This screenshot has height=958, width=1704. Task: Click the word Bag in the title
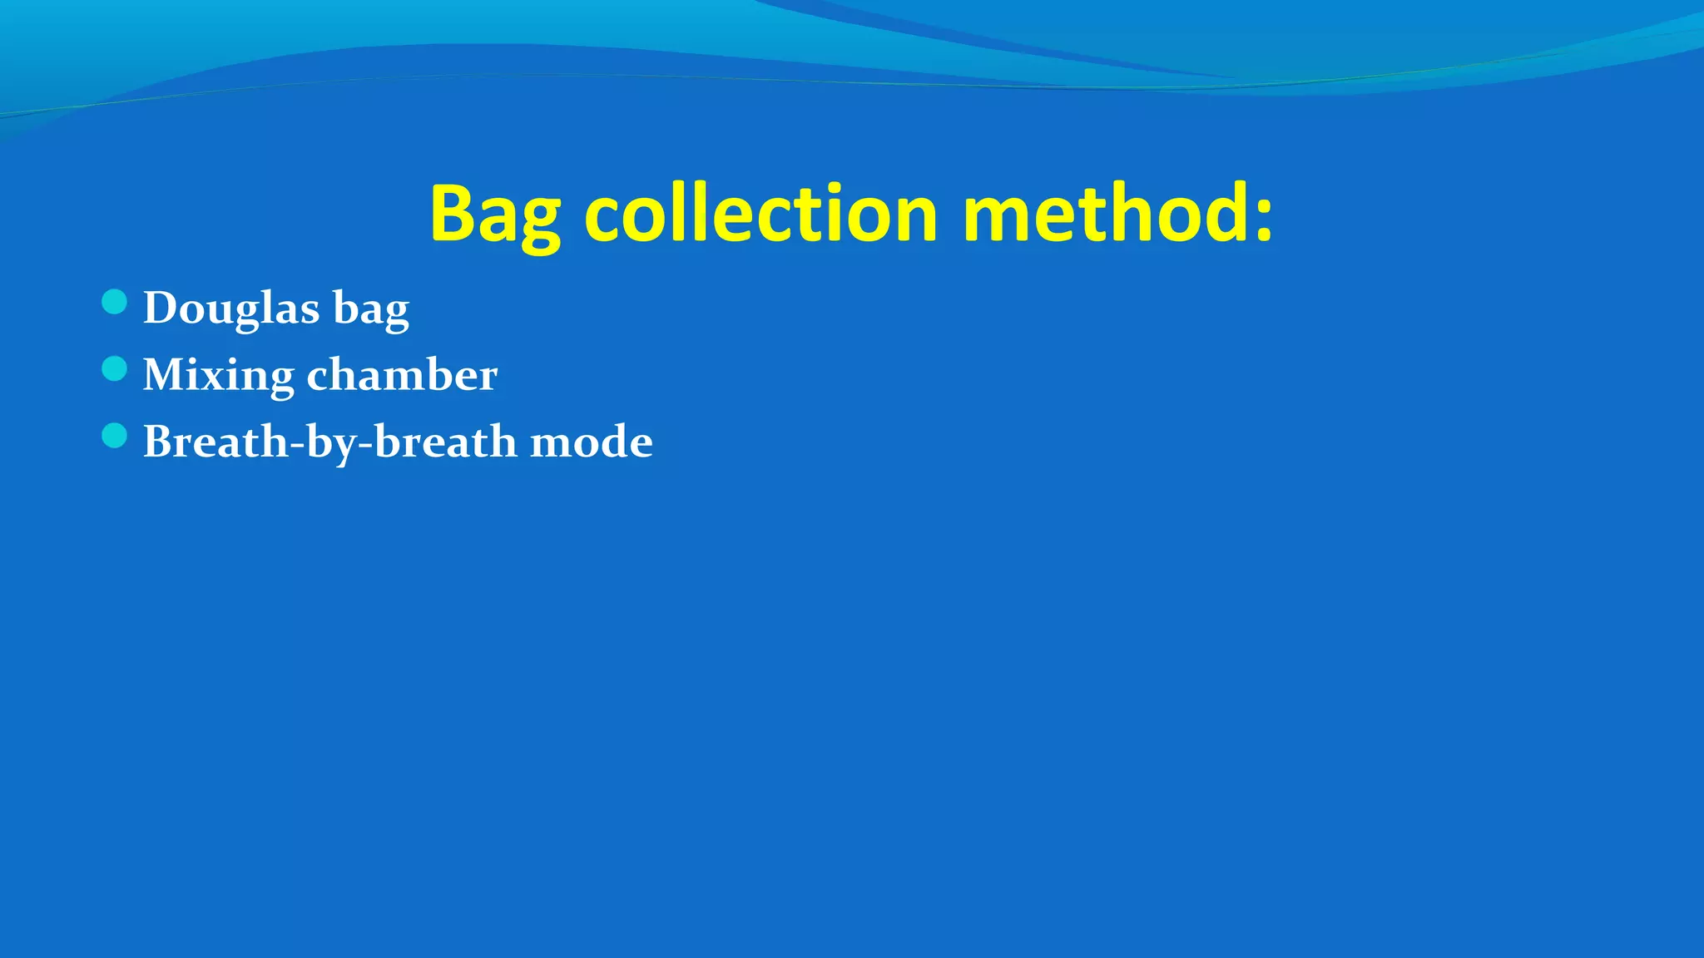click(x=494, y=215)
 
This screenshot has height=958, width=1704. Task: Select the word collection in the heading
click(x=761, y=215)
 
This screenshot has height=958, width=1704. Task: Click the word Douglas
click(x=231, y=308)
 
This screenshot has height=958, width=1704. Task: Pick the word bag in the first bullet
click(x=371, y=309)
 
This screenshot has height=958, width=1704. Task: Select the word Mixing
click(x=218, y=376)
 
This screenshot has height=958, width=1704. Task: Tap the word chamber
click(x=402, y=374)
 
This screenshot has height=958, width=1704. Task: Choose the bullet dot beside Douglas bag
click(x=114, y=302)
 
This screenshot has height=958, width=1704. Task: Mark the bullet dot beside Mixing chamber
click(x=114, y=368)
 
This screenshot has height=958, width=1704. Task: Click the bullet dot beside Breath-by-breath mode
click(x=114, y=436)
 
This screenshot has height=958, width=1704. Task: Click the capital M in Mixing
click(x=165, y=374)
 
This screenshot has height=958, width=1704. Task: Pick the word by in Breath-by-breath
click(x=330, y=442)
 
